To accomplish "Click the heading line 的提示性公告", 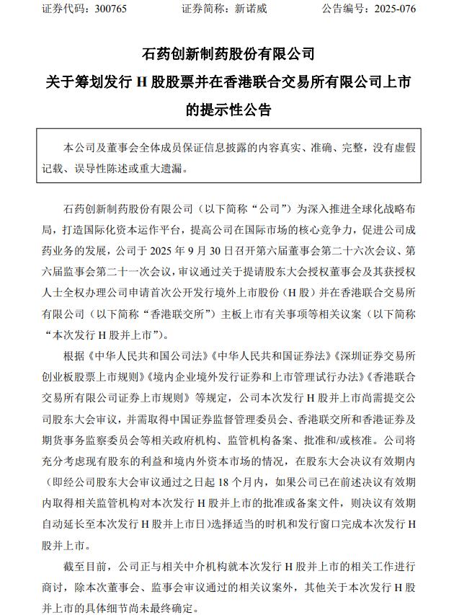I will [229, 110].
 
